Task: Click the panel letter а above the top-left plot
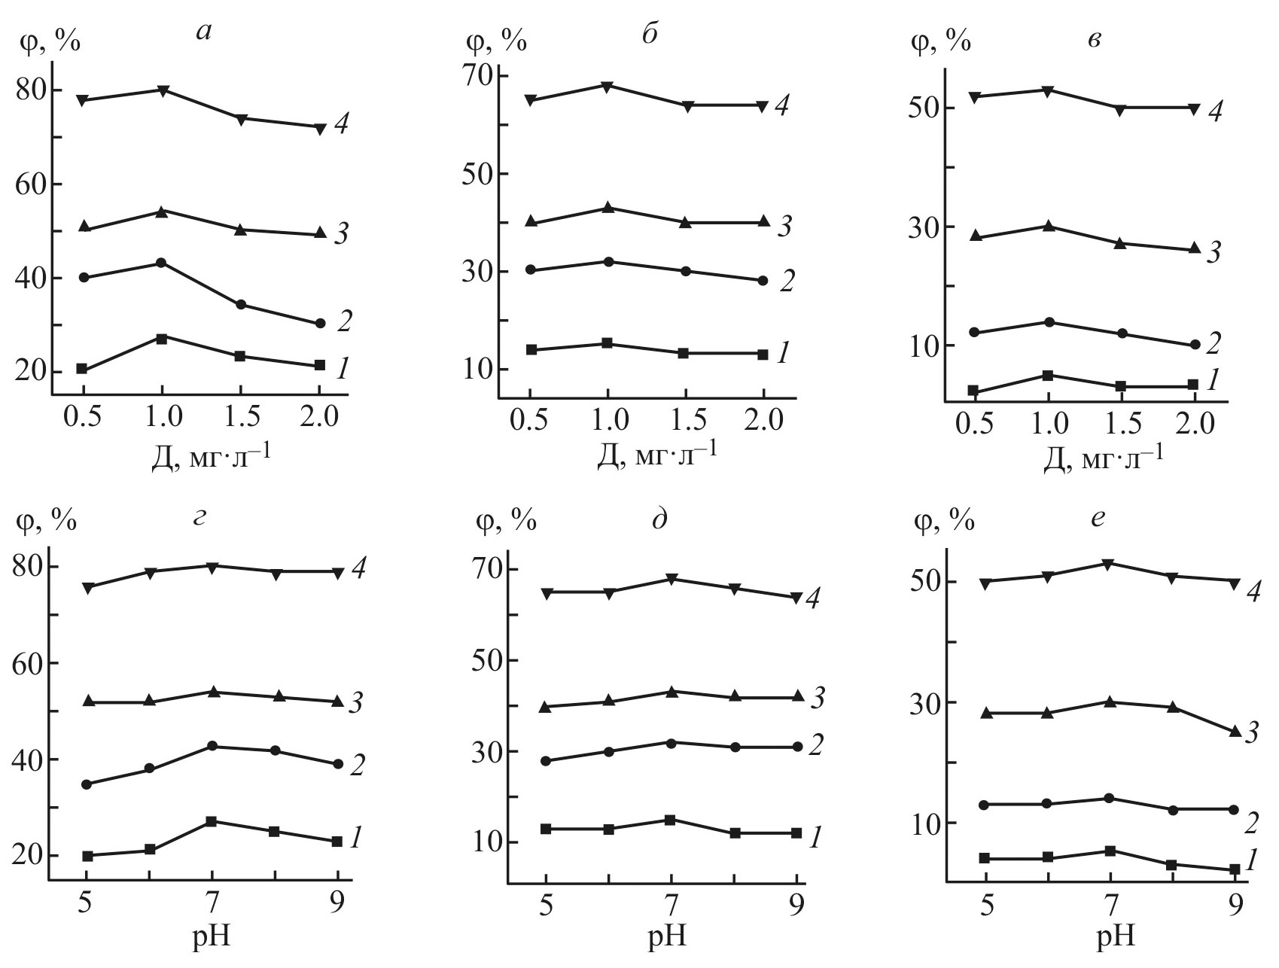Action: coord(203,34)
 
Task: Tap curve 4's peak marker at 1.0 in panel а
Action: coord(162,90)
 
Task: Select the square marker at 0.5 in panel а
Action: coord(81,369)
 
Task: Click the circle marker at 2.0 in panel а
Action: coord(319,324)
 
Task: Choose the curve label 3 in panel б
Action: coord(784,225)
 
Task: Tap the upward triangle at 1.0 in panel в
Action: coord(1047,226)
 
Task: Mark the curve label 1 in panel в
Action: coord(1212,381)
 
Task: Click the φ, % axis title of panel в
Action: coord(940,41)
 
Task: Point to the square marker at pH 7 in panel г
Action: coord(212,821)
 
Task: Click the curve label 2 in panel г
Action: coord(357,766)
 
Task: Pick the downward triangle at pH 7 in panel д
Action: coord(671,579)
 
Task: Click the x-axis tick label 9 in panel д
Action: coord(796,903)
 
